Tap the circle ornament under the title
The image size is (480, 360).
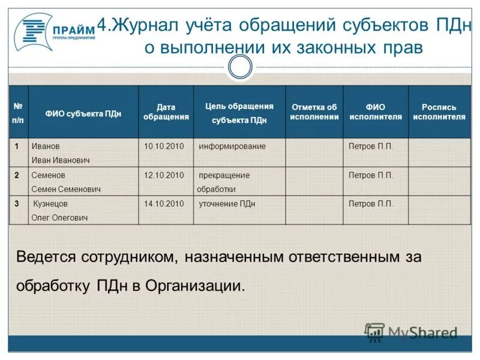[240, 67]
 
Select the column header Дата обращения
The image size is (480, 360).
[166, 112]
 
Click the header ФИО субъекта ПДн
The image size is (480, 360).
[83, 113]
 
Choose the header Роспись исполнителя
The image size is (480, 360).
[439, 112]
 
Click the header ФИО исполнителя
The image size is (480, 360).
[376, 112]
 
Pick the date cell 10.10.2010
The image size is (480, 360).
[164, 146]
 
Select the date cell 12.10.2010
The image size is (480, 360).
[164, 175]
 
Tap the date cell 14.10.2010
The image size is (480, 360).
[164, 204]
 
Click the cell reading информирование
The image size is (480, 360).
[232, 146]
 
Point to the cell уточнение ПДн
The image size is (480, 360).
[227, 204]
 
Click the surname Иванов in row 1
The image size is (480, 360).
[46, 146]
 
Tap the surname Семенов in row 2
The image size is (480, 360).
[48, 175]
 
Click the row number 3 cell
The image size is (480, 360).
[17, 204]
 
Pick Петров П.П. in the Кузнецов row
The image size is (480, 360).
[371, 204]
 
